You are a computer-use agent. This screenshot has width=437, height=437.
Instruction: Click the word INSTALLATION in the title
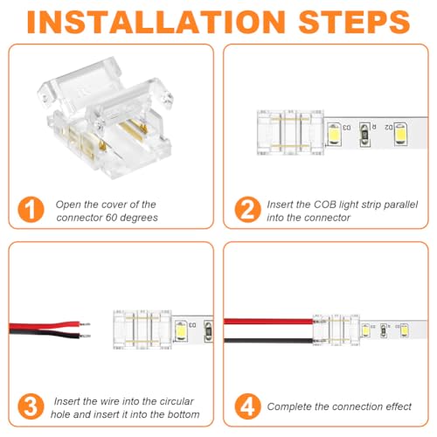click(x=156, y=22)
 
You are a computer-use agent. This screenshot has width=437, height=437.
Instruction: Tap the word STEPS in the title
click(x=354, y=22)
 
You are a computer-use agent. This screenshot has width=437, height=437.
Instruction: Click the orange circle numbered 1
click(x=31, y=210)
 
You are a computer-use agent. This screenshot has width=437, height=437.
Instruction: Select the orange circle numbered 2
click(x=247, y=210)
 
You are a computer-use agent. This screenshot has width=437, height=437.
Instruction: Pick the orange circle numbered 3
click(x=31, y=406)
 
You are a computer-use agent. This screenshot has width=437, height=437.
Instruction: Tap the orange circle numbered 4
click(x=247, y=406)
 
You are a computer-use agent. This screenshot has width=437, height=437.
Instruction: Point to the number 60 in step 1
click(x=111, y=218)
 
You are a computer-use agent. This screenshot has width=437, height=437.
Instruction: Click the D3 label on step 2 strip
click(x=347, y=128)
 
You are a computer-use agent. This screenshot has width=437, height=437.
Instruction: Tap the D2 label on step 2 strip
click(x=389, y=127)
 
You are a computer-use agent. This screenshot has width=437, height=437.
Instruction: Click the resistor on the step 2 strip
click(x=364, y=135)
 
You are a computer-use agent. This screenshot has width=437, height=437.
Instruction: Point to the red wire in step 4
click(x=268, y=322)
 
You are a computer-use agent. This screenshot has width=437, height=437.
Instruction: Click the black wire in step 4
click(x=268, y=341)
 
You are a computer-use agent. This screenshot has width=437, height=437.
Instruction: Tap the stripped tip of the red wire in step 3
click(x=85, y=324)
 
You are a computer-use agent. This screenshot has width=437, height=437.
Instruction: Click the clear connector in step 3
click(x=142, y=329)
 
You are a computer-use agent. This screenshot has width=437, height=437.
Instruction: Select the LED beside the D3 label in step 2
click(x=334, y=134)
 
